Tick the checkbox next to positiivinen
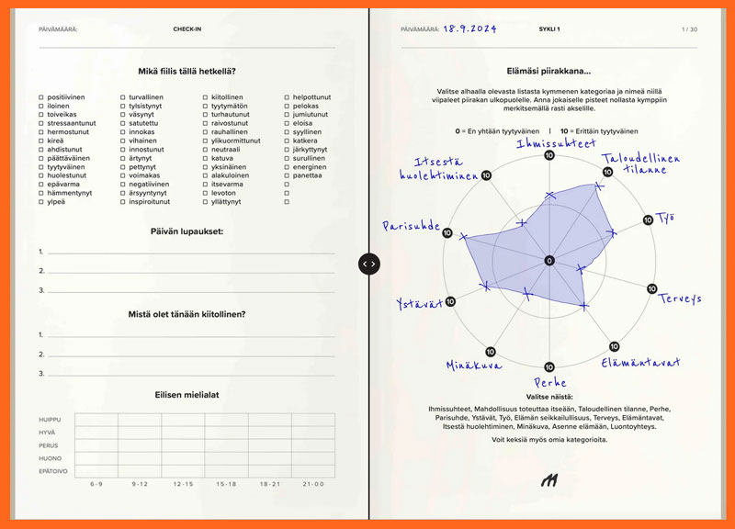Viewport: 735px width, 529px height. coord(41,97)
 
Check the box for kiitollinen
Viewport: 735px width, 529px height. coord(206,97)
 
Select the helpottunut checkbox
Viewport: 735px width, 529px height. coord(288,97)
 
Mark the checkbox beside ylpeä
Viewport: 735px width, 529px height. coord(41,201)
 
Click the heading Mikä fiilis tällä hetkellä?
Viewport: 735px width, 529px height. coord(188,72)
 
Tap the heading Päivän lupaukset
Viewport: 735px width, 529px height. coord(188,231)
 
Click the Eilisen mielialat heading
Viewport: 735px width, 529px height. coord(188,395)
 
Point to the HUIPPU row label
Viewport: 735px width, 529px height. coord(49,420)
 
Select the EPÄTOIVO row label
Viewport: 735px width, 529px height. coord(51,471)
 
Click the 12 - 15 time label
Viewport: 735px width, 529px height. coord(183,484)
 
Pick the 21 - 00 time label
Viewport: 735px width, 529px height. coord(312,484)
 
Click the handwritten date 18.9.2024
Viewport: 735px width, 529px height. coord(469,29)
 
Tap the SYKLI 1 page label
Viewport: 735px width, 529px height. coord(549,29)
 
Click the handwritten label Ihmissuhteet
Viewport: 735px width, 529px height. coord(557,143)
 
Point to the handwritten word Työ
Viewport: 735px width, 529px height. coord(665,218)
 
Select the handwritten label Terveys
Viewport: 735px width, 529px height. coord(681,298)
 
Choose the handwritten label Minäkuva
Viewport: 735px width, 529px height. coord(474,366)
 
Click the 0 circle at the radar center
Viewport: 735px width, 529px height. coord(549,261)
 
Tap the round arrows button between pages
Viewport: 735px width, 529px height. coord(367,264)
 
